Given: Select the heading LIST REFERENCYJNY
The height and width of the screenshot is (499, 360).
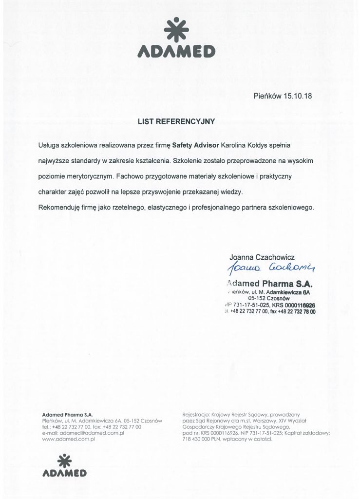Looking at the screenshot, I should click(176, 122).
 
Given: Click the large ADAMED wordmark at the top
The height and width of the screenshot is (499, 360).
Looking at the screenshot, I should click(176, 50).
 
